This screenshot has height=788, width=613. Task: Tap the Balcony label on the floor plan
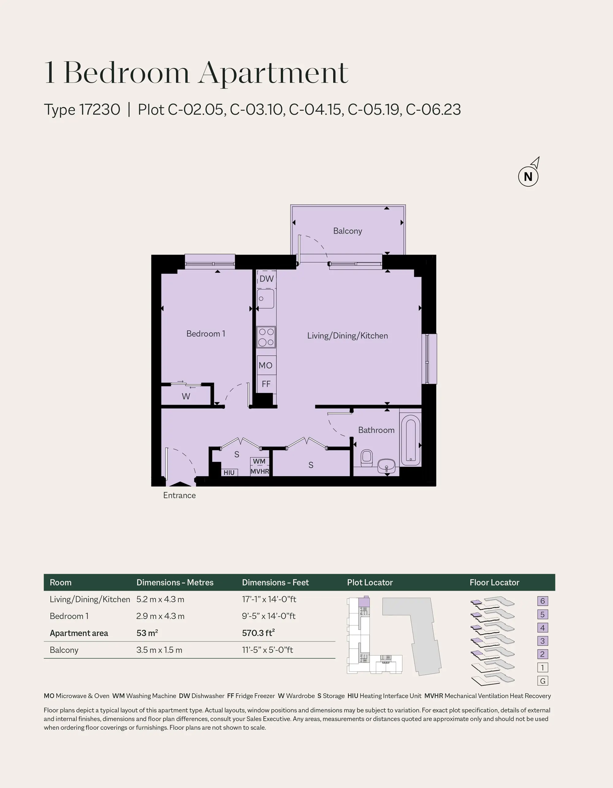point(347,231)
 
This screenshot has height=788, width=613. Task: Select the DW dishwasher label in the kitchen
point(266,278)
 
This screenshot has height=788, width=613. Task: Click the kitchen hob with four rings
point(266,337)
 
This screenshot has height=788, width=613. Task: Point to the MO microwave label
point(265,365)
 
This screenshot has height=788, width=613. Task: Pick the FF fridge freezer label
point(266,384)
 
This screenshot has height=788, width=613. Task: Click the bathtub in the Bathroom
point(410,441)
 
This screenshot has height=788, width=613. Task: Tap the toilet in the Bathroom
point(367,457)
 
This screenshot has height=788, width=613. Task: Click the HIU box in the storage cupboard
point(229,472)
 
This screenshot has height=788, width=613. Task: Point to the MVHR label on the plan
point(260,471)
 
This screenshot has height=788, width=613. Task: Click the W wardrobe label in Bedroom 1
point(186,396)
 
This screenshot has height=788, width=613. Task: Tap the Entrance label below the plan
point(179,495)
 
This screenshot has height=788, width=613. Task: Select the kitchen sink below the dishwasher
point(265,298)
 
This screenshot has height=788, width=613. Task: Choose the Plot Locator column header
point(370,582)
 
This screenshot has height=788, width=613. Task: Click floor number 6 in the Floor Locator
point(542,601)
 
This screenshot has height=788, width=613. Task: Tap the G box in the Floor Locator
point(543,681)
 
